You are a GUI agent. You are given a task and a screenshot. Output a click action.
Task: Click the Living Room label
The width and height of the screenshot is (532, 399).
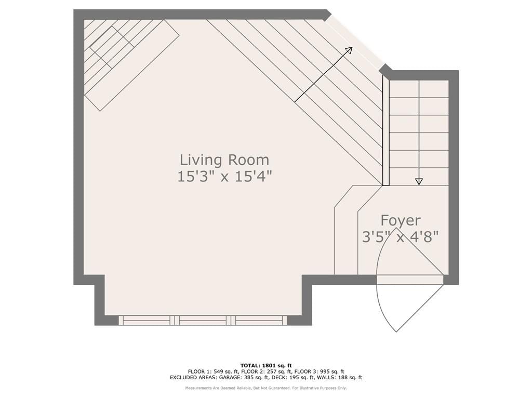pos(224,160)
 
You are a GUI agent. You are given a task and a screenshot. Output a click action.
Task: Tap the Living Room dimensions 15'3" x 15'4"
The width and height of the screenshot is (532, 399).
pos(224,177)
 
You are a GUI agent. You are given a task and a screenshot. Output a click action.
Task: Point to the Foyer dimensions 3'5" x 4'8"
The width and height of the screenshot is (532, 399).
pos(401,236)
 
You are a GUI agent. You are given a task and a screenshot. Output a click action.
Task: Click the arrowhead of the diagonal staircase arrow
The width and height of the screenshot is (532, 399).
pos(349,50)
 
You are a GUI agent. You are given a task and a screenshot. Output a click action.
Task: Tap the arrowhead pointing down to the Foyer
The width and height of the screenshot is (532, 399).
pos(419,181)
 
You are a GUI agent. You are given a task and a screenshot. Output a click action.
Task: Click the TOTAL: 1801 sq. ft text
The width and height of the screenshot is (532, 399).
pos(266,365)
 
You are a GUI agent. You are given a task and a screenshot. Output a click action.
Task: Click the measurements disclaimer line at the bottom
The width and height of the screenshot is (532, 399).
pos(266,388)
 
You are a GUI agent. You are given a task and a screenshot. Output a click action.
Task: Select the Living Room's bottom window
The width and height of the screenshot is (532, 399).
pos(203,320)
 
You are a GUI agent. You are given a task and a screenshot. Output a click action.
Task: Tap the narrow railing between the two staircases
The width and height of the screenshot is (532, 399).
pos(386,130)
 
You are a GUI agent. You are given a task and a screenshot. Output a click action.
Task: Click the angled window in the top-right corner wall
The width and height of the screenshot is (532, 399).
pos(354,41)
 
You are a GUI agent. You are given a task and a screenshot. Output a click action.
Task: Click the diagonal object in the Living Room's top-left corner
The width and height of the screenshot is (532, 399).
pos(131,65)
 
